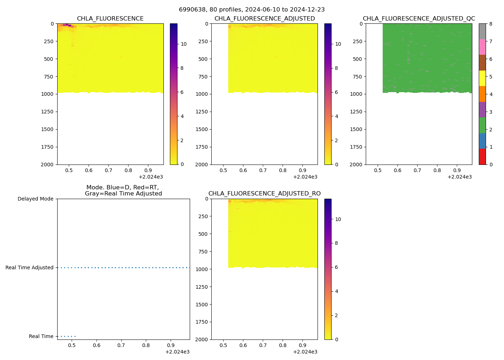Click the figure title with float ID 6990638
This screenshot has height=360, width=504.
pyautogui.click(x=252, y=10)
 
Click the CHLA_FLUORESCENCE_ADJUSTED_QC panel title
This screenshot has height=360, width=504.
pyautogui.click(x=419, y=19)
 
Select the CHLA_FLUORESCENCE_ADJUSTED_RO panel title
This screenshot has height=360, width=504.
pyautogui.click(x=264, y=194)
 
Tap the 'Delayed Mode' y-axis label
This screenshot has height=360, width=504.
pyautogui.click(x=35, y=199)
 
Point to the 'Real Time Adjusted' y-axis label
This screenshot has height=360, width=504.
pyautogui.click(x=29, y=268)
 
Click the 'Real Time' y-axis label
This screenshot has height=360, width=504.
pyautogui.click(x=41, y=337)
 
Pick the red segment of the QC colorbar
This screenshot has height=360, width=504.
pyautogui.click(x=482, y=157)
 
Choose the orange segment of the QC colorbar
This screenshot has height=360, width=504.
pyautogui.click(x=482, y=94)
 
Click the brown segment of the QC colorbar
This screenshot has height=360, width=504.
pyautogui.click(x=482, y=63)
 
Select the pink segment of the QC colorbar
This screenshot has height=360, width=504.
pyautogui.click(x=482, y=47)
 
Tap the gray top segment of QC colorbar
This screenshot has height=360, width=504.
pyautogui.click(x=482, y=31)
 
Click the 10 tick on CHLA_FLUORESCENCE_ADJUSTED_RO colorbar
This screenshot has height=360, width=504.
pyautogui.click(x=338, y=219)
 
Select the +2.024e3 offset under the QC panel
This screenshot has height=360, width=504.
pyautogui.click(x=459, y=177)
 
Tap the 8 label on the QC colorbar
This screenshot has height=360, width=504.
pyautogui.click(x=490, y=24)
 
